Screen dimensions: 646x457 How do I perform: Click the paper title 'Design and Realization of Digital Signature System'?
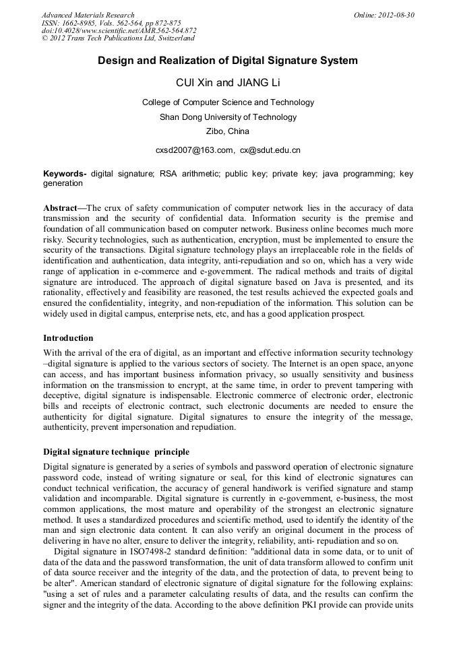tap(228, 61)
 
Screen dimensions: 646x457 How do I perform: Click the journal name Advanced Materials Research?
tap(88, 15)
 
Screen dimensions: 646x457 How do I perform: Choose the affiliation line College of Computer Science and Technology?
tap(228, 102)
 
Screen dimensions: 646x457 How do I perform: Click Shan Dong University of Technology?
tap(228, 117)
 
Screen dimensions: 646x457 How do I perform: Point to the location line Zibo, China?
tap(228, 131)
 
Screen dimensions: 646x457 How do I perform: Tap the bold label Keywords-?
tap(65, 174)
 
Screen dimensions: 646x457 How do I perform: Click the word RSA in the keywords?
tap(169, 174)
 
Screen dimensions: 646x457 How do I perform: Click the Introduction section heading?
tap(68, 337)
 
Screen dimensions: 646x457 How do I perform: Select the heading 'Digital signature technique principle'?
tap(116, 451)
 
